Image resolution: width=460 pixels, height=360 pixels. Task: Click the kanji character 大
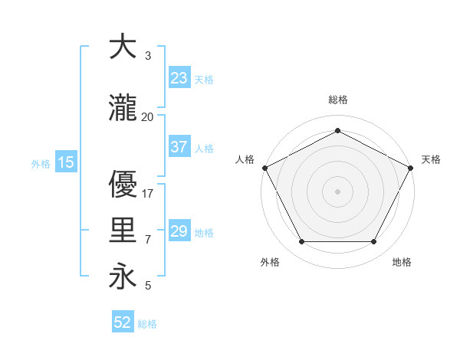(x=122, y=47)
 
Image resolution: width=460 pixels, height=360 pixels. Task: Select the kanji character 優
(x=122, y=185)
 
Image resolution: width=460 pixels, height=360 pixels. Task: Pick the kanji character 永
(x=122, y=277)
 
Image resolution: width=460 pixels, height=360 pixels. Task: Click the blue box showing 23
(x=179, y=77)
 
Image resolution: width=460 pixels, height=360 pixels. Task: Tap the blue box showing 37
(x=179, y=147)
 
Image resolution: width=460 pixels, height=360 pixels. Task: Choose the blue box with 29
(x=179, y=231)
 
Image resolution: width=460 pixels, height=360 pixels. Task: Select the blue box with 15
(x=65, y=162)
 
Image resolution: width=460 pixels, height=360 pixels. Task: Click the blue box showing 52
(x=123, y=322)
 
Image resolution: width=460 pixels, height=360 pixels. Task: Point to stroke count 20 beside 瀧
(x=147, y=116)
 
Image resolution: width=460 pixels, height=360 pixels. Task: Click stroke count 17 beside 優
(x=148, y=194)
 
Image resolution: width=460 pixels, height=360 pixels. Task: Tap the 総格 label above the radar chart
(x=337, y=100)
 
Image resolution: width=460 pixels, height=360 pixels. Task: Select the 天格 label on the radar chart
(x=431, y=159)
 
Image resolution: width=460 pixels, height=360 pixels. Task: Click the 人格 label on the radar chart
(x=245, y=159)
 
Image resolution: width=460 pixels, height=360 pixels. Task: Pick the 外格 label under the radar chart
(x=270, y=262)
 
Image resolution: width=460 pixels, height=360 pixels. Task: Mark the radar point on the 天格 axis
(x=411, y=167)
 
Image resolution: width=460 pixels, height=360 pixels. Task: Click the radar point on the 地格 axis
(x=374, y=242)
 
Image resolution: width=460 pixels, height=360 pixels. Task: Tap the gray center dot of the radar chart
(x=337, y=191)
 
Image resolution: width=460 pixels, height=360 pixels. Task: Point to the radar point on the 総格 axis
(x=337, y=130)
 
